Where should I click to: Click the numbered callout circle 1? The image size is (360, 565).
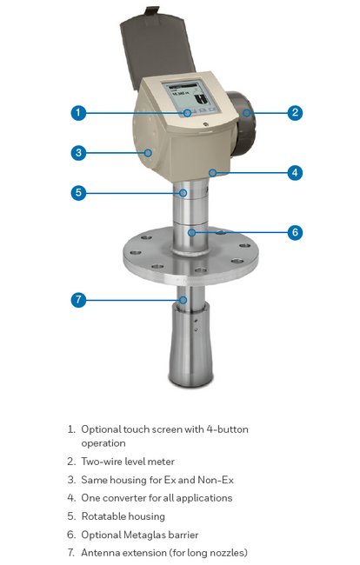[78, 113]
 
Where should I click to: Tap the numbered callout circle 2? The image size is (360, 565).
[295, 113]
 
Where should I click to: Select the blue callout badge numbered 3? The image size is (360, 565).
[78, 153]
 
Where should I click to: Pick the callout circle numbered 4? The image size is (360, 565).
[295, 173]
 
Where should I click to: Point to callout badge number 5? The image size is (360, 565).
[78, 193]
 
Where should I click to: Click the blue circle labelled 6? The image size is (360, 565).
[295, 232]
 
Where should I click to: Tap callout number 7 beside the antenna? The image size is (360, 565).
[78, 300]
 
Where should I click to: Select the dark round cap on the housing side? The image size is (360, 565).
[241, 123]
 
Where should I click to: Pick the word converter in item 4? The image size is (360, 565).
[121, 498]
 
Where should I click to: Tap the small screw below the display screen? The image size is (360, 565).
[205, 124]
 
